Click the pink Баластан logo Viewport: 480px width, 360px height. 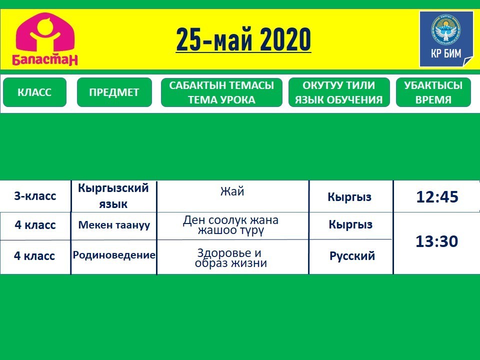pos(45,39)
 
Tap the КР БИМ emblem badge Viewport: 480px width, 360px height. pos(446,39)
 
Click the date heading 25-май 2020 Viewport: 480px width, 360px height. pos(243,39)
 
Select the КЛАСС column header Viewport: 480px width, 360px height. pos(34,92)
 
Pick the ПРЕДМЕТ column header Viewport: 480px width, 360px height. pos(114,92)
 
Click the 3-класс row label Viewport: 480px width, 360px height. pos(35,196)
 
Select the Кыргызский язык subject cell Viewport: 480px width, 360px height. pos(113,196)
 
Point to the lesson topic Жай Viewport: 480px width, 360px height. pos(232,191)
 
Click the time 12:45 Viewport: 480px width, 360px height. pos(437,197)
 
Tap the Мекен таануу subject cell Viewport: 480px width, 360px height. pos(114,225)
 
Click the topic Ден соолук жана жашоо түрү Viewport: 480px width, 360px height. pos(230,225)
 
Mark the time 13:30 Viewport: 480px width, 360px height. pos(436,241)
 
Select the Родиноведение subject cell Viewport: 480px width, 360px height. pos(114,254)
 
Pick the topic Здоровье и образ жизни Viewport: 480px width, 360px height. pos(230,258)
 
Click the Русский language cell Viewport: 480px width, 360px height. pos(352,256)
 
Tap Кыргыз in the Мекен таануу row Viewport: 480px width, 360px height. pos(350,224)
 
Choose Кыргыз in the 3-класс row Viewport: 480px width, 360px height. pos(349,197)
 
